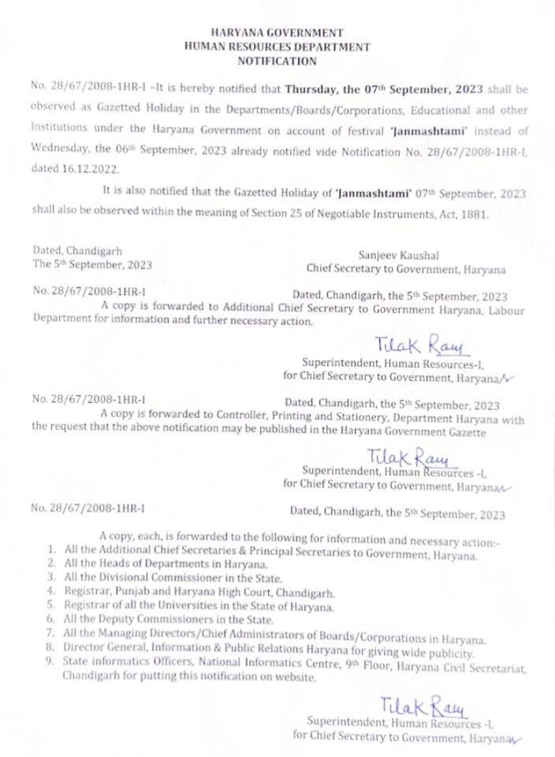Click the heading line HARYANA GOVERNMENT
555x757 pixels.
pos(277,33)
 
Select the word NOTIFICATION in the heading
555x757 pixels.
pos(277,61)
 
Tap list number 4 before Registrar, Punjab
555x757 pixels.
pos(50,591)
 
